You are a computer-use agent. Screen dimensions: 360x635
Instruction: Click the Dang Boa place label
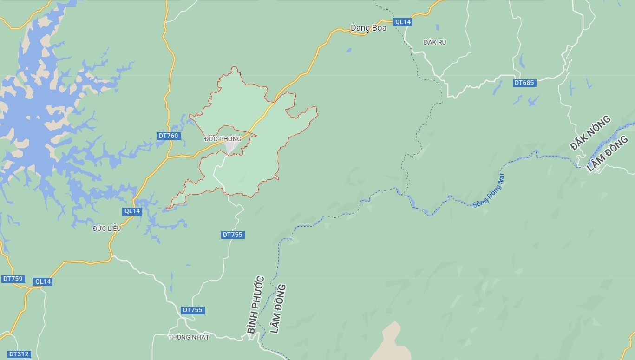pos(368,28)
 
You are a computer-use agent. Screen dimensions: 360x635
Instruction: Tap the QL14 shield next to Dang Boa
pos(402,22)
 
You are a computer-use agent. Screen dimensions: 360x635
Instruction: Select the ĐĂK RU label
pos(435,42)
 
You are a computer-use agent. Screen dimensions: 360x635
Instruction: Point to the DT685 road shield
pos(524,83)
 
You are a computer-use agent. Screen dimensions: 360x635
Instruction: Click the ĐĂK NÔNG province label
pos(590,133)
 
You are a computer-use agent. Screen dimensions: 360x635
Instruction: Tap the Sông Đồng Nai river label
pos(488,190)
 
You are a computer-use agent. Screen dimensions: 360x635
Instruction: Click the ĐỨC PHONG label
pos(223,139)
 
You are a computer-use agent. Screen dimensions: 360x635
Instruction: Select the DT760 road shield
pos(168,136)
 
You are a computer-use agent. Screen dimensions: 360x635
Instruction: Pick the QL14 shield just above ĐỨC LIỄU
pos(132,211)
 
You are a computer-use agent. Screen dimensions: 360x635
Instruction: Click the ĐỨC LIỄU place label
pos(107,229)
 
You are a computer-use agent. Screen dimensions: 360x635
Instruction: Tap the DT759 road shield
pos(13,279)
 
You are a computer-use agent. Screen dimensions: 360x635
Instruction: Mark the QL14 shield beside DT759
pos(43,281)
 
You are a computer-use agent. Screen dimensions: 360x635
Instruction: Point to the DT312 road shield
pos(19,354)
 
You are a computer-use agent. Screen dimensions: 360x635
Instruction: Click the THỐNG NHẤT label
pos(189,337)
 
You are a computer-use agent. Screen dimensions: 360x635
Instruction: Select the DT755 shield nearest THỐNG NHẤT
pos(193,310)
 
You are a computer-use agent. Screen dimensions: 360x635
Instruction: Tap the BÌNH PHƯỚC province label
pos(255,304)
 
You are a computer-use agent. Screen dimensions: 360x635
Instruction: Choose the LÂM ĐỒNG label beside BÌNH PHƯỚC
pos(278,308)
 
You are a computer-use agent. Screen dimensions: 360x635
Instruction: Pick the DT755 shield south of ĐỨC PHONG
pos(233,235)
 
